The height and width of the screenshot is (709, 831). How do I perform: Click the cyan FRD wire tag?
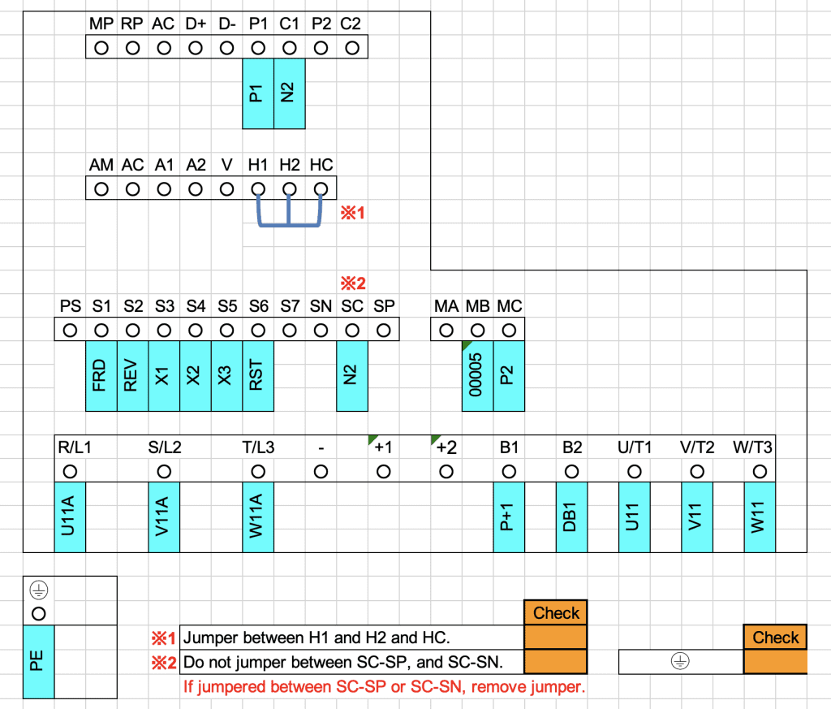pos(101,375)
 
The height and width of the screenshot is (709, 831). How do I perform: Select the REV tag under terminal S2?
pos(132,375)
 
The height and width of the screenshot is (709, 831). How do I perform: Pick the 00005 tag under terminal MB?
pos(477,375)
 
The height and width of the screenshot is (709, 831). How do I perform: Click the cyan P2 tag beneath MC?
pos(509,375)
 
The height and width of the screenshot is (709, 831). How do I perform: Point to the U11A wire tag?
pos(70,517)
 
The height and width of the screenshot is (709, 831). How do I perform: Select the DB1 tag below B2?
pos(571,517)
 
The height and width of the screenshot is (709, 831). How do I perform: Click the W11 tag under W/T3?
pos(760,517)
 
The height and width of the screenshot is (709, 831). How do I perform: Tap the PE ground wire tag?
pos(38,662)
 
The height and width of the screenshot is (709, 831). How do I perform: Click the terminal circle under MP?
pos(101,48)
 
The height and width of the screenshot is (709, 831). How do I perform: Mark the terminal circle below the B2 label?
pos(571,470)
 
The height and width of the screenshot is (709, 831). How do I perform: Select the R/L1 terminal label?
pos(75,447)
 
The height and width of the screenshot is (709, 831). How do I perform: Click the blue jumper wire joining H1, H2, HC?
pos(289,224)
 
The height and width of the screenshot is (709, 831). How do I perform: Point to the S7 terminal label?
pos(290,307)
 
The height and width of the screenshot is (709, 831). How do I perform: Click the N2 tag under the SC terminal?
pos(351,375)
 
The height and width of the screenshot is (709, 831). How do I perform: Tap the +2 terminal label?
pos(446,447)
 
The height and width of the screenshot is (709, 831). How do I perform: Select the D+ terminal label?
pos(196,24)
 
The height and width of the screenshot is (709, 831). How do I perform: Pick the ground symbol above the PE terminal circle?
pos(38,590)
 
